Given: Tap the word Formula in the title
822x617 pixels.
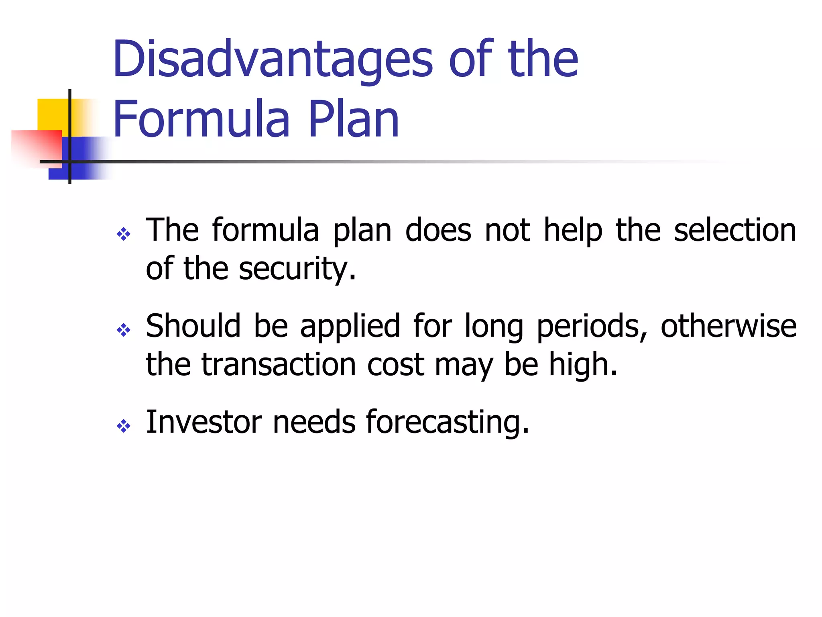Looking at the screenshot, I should [201, 119].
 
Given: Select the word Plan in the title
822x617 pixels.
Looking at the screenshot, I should [354, 119].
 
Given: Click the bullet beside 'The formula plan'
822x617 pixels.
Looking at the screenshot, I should [123, 234].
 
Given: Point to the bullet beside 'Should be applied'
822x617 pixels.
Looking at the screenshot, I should [123, 330].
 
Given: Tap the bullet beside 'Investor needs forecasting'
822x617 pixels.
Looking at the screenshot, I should [123, 426].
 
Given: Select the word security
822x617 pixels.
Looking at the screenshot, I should [297, 269].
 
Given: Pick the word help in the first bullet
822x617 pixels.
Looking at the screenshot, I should [573, 231].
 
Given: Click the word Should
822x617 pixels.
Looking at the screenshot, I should [193, 326].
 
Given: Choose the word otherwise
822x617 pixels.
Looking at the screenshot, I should [728, 326].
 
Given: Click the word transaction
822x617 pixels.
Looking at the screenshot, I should [279, 364].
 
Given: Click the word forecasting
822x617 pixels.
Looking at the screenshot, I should [447, 423].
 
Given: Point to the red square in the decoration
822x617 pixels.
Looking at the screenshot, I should [36, 147].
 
